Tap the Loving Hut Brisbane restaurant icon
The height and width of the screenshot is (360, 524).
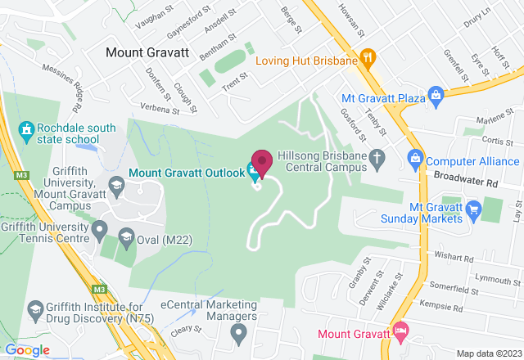pos(368,59)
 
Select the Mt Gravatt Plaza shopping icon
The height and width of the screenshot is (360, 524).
pos(436,98)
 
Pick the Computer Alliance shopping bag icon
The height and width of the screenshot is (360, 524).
pos(415,155)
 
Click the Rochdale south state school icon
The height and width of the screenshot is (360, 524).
pos(26,129)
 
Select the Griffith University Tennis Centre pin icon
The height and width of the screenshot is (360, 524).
pos(100,227)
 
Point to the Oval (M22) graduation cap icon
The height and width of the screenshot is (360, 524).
pos(126,238)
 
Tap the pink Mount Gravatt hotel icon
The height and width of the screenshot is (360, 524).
pos(400,331)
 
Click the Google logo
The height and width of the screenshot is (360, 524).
pos(28,349)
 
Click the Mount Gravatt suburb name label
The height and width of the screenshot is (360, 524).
pos(147,52)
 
